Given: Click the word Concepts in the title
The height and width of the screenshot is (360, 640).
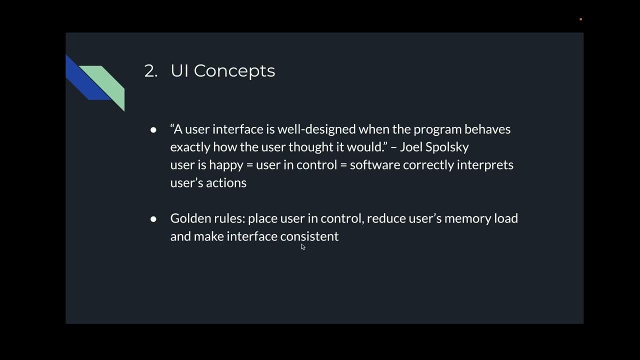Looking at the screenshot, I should (x=234, y=71).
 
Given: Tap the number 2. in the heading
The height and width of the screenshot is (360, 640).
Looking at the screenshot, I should (x=150, y=71).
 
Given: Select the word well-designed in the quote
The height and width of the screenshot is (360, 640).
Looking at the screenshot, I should (x=316, y=129).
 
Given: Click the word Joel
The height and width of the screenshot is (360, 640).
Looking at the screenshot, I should (x=411, y=147).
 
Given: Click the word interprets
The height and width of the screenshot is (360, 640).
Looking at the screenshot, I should (x=485, y=165).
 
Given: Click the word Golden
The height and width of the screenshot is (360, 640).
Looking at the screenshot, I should (x=189, y=218).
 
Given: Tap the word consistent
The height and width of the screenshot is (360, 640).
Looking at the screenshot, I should (x=309, y=236).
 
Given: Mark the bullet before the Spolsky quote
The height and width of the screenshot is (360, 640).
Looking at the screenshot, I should (x=153, y=129).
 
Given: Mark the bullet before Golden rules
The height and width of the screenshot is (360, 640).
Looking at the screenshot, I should (x=153, y=219).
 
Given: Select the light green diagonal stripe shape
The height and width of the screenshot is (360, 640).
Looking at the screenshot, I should (x=107, y=83).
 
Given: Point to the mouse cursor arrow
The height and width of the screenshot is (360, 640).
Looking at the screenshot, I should (x=303, y=246).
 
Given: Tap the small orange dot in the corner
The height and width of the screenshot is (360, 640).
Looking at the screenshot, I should (x=580, y=19).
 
